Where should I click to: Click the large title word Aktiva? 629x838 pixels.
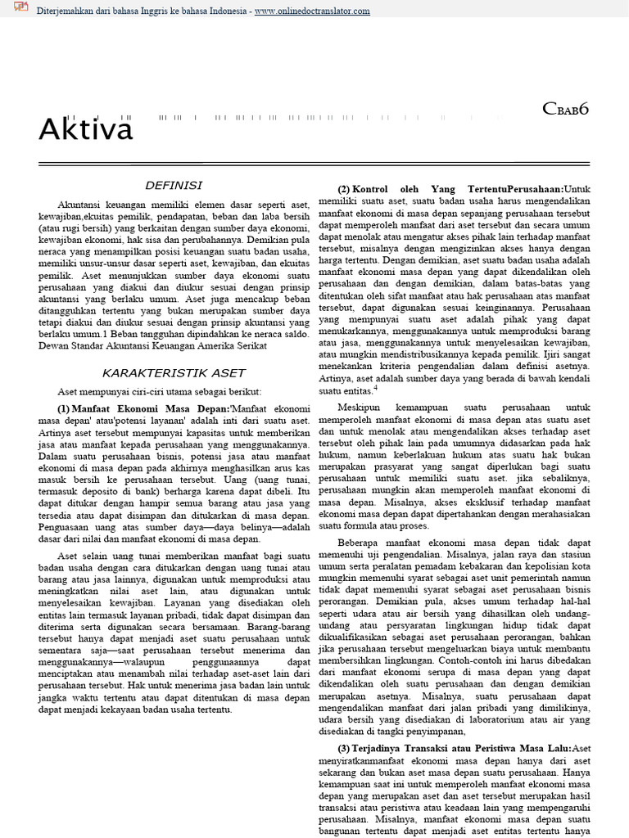[x=85, y=130]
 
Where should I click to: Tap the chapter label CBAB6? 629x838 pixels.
[x=566, y=109]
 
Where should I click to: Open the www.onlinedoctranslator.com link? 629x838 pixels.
[x=311, y=11]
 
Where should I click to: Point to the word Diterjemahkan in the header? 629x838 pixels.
[x=71, y=11]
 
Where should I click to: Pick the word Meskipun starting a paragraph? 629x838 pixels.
[x=363, y=407]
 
